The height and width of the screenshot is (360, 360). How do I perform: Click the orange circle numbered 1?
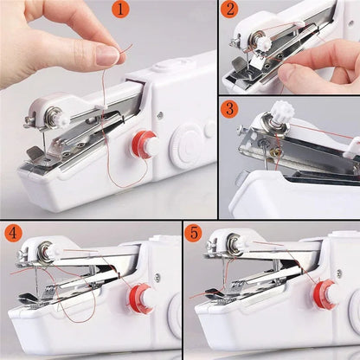(119, 11)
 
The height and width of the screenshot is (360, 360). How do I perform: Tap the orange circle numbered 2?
(230, 11)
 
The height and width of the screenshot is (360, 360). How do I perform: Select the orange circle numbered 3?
(230, 109)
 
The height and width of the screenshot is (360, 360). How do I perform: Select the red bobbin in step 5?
(326, 292)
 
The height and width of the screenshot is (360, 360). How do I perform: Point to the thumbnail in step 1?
(108, 55)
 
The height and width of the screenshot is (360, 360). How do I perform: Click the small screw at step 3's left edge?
(241, 129)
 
